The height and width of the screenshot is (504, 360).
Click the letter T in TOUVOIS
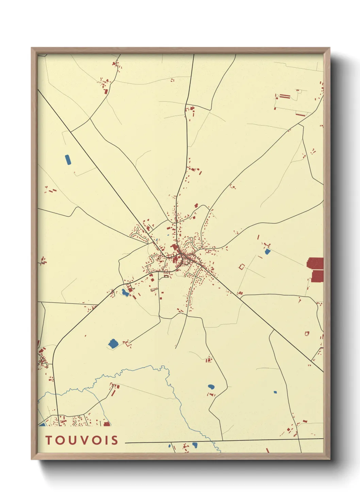tap(49, 440)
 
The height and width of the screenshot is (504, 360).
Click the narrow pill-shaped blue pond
tap(68, 160)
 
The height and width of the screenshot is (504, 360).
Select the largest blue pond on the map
tap(113, 343)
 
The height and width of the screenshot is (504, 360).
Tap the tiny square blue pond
tap(275, 392)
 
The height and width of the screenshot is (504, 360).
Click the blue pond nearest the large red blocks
tap(267, 252)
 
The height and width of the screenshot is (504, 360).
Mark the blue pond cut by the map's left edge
tap(42, 424)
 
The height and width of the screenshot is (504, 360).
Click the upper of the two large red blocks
tap(315, 263)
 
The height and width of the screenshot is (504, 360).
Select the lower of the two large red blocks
tap(317, 276)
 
